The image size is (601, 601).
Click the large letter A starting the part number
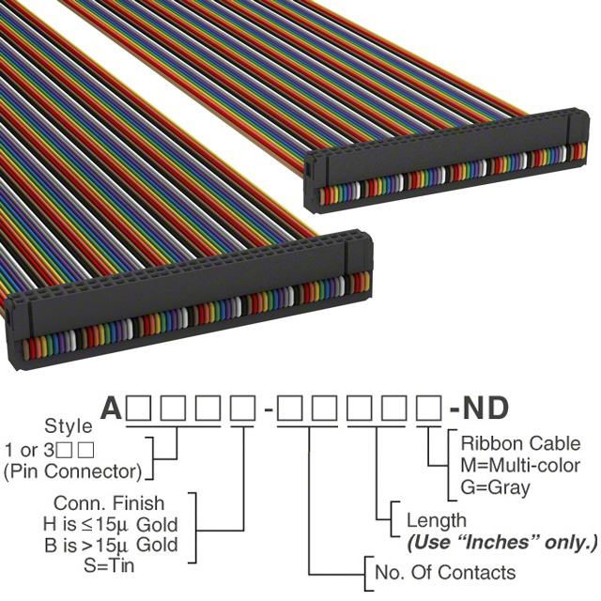112,408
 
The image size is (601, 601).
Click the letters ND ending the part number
485,408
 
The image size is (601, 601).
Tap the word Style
69,425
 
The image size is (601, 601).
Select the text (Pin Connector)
73,471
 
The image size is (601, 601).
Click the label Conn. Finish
109,503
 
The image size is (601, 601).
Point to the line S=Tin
109,565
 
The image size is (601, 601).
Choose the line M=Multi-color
520,466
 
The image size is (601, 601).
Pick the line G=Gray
496,488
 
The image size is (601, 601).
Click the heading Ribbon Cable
520,443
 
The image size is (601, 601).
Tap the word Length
436,521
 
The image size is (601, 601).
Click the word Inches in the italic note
498,542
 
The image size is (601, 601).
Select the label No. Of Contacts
445,572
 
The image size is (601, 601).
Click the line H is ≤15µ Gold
111,524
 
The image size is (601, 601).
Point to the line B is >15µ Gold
111,545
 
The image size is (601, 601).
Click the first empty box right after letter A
139,408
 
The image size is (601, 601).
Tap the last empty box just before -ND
429,408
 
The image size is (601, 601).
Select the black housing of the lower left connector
188,292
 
